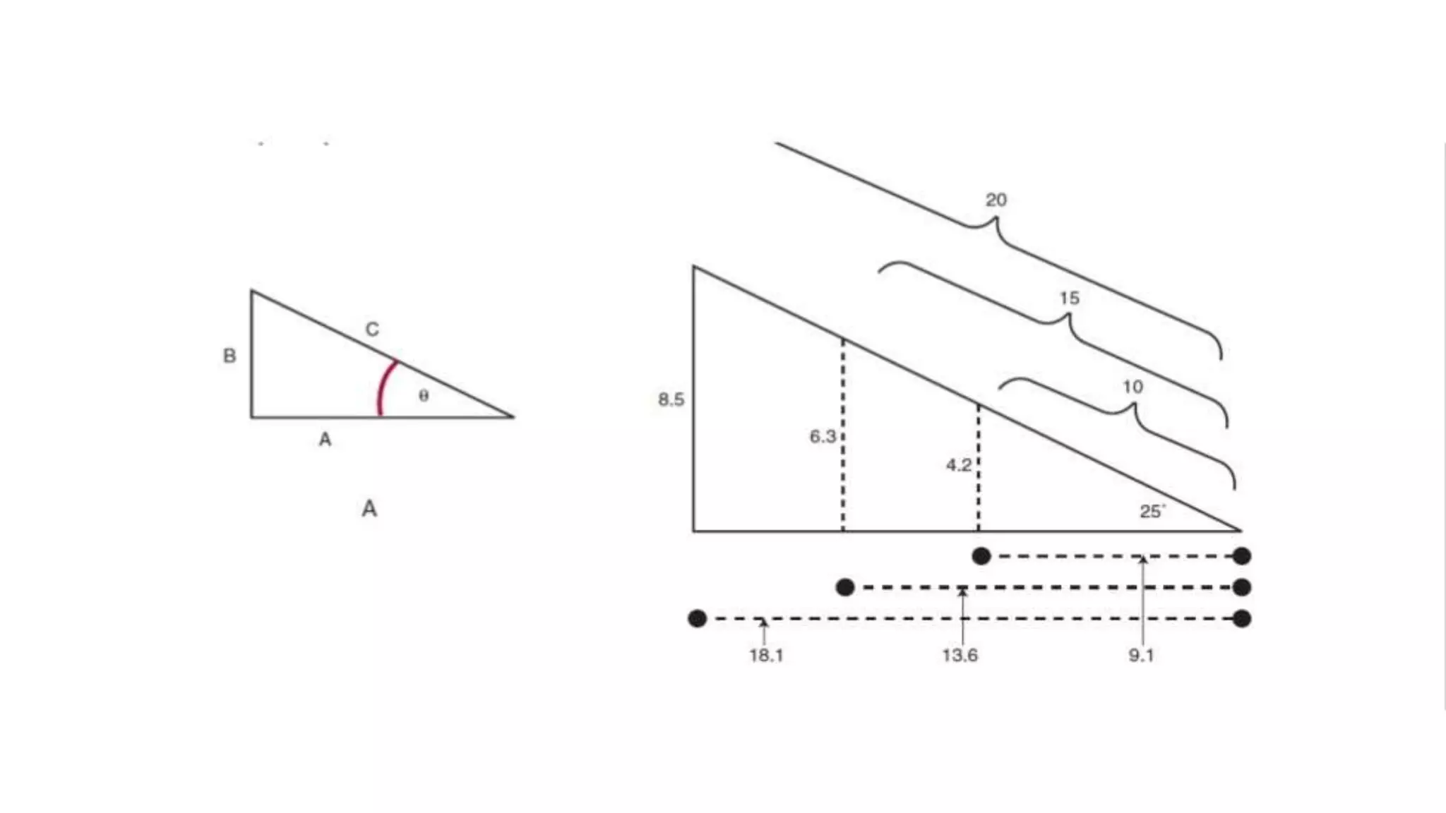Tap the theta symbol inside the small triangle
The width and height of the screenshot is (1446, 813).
point(424,395)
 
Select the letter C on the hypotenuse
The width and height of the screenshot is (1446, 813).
point(372,329)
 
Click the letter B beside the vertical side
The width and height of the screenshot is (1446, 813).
point(229,356)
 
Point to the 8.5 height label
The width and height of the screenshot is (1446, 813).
point(671,399)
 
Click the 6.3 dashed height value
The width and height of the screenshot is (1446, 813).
point(823,437)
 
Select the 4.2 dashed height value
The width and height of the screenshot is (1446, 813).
point(958,465)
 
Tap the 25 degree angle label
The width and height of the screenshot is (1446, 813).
point(1152,512)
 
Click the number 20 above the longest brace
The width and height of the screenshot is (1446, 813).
point(996,200)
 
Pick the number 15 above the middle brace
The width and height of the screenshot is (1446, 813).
point(1069,298)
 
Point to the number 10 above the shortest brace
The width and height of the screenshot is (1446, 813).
point(1133,387)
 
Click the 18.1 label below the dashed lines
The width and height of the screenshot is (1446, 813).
point(766,656)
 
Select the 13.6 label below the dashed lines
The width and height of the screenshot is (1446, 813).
point(960,656)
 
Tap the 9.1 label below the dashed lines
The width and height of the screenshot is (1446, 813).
point(1141,656)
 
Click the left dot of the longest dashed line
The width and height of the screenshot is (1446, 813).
point(697,619)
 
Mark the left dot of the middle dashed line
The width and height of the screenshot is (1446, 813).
point(845,587)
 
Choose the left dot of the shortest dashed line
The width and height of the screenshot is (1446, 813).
point(981,556)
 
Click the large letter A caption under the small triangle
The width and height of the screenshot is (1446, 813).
point(369,508)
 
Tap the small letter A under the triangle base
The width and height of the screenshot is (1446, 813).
point(325,440)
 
